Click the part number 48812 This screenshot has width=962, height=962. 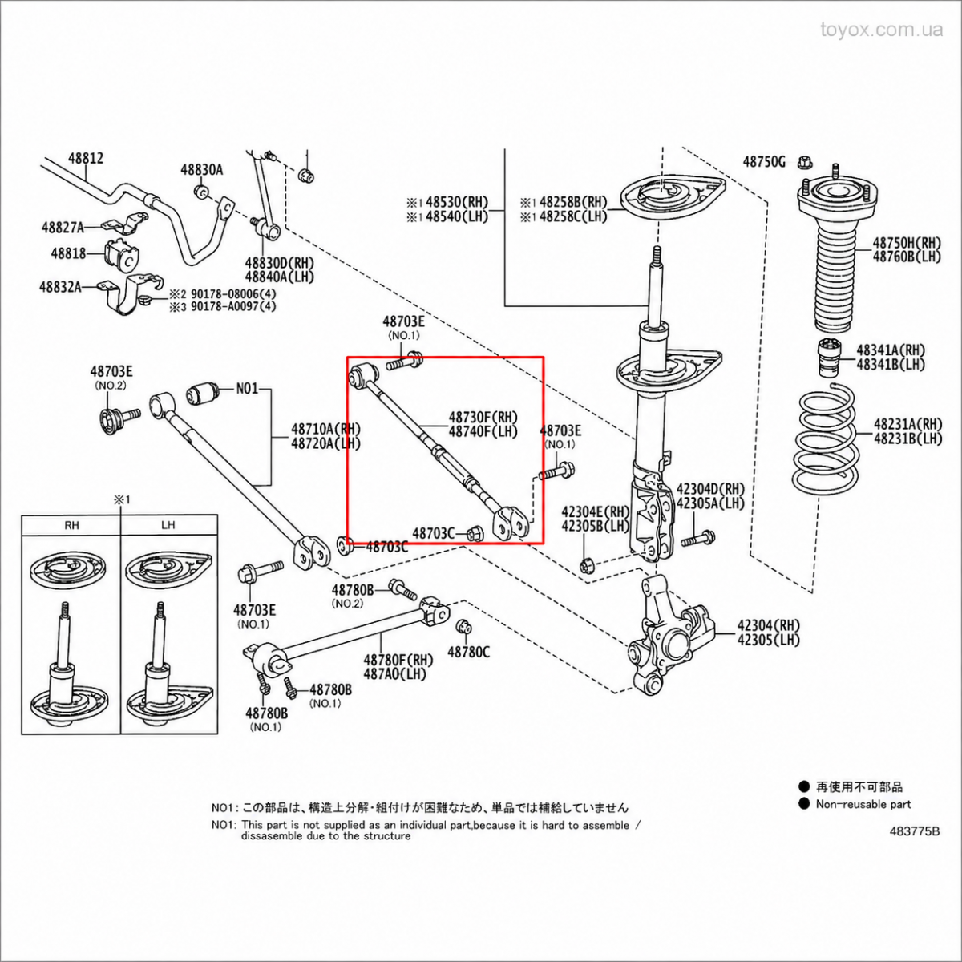pyautogui.click(x=86, y=158)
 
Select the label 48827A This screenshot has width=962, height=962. pyautogui.click(x=63, y=228)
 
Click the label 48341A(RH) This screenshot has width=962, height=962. pyautogui.click(x=891, y=350)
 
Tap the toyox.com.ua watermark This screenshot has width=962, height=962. pyautogui.click(x=882, y=30)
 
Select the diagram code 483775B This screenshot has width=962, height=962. pyautogui.click(x=915, y=831)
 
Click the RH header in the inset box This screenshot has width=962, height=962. pyautogui.click(x=72, y=524)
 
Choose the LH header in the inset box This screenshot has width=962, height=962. pyautogui.click(x=168, y=524)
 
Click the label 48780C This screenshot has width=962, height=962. pyautogui.click(x=468, y=652)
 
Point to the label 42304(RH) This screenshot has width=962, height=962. pyautogui.click(x=768, y=625)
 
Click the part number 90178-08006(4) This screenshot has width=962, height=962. pyautogui.click(x=233, y=293)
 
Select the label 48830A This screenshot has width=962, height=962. pyautogui.click(x=202, y=169)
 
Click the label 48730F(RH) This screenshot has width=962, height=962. pyautogui.click(x=483, y=417)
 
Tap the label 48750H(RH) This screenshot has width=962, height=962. pyautogui.click(x=907, y=243)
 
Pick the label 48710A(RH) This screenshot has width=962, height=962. pyautogui.click(x=325, y=428)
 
